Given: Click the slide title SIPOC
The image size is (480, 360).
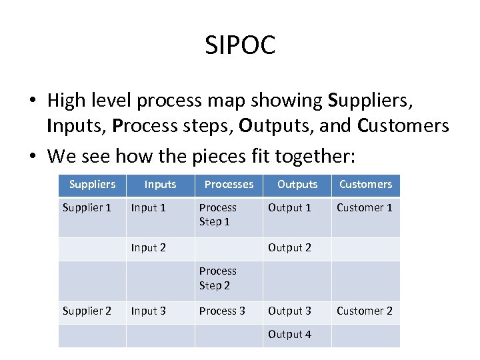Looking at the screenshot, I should pyautogui.click(x=240, y=46).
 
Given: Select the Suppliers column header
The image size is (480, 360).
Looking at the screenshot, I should pyautogui.click(x=92, y=184).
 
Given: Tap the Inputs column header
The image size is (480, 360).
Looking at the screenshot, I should pyautogui.click(x=160, y=184).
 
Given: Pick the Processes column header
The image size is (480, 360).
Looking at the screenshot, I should pyautogui.click(x=229, y=184).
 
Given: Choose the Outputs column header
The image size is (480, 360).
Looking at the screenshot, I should pyautogui.click(x=297, y=184).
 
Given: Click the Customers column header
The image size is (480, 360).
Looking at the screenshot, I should pyautogui.click(x=365, y=184).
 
